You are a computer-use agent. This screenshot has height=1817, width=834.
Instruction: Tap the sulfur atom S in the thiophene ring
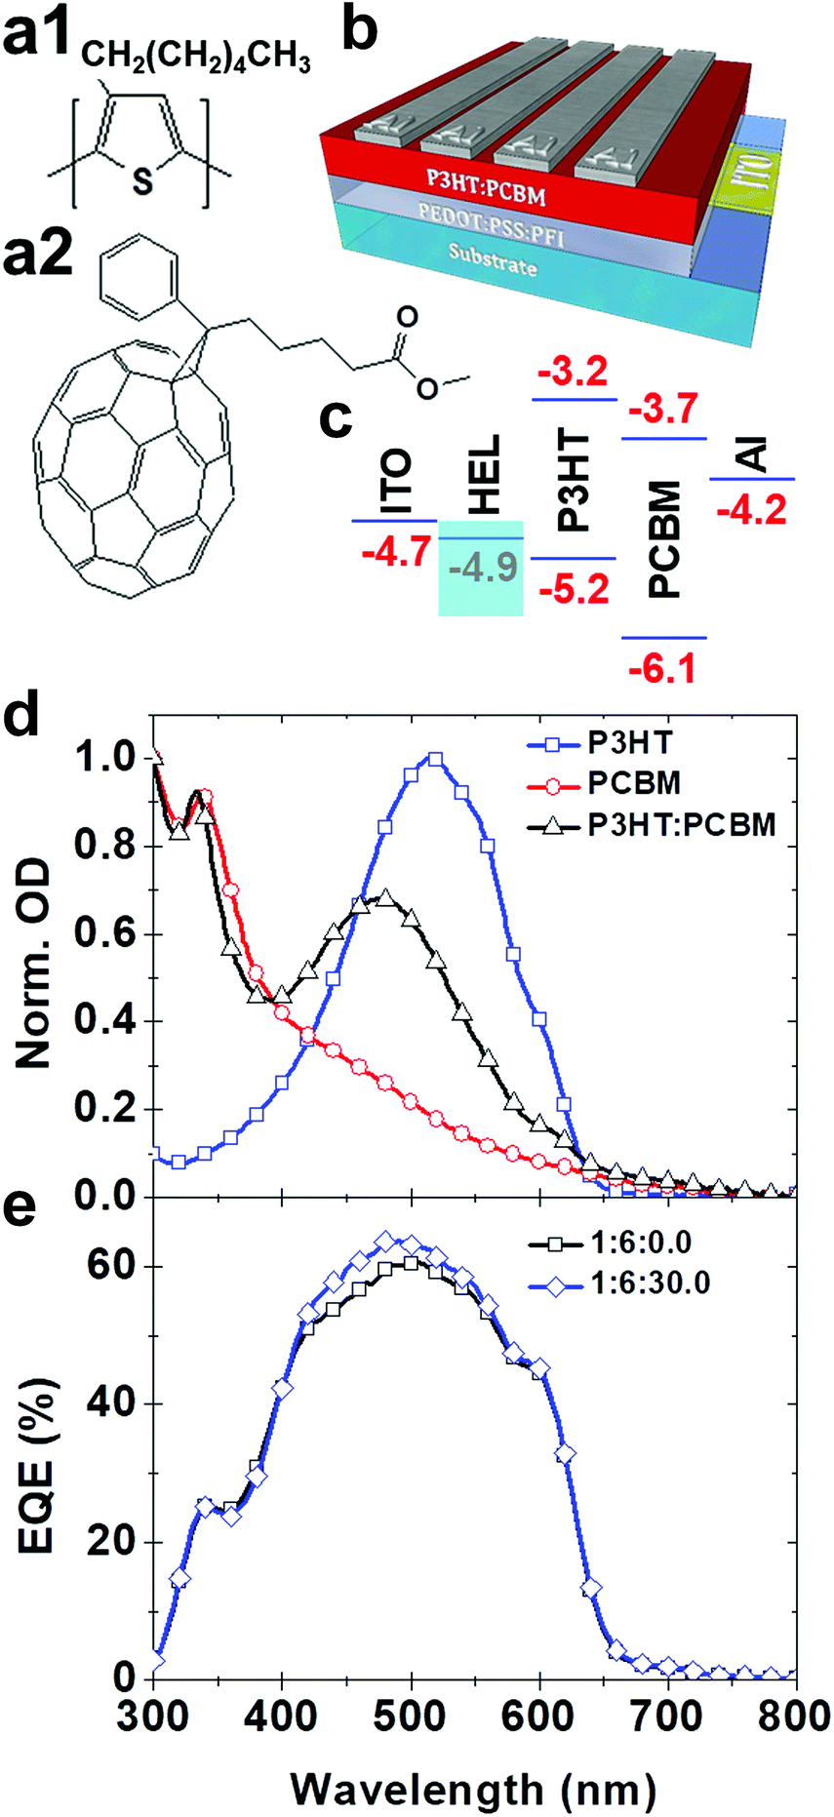(143, 181)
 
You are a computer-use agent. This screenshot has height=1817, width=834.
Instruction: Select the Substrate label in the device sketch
(492, 257)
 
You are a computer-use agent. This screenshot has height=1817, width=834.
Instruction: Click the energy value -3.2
(573, 372)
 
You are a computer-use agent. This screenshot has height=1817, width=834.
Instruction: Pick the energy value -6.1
(662, 669)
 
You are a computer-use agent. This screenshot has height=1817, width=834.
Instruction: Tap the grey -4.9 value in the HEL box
(481, 567)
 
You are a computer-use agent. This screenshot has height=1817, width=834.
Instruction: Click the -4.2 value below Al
(751, 509)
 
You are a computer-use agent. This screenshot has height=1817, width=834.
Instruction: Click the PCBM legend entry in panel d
(634, 782)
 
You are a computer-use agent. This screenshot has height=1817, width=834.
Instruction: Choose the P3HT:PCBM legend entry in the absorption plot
(681, 825)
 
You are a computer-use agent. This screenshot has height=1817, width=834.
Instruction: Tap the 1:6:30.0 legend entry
(651, 1283)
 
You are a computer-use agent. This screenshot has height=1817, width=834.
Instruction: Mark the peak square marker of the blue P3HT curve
(435, 759)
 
